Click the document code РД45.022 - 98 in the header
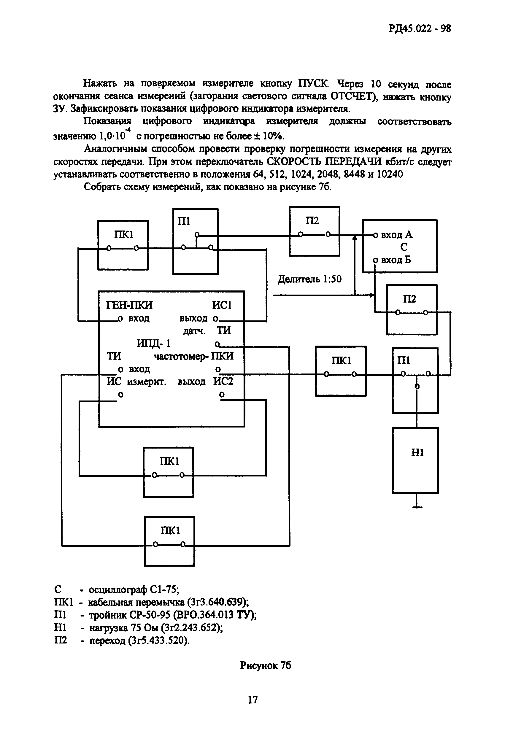(x=420, y=29)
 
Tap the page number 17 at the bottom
(x=253, y=700)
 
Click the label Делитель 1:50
(x=309, y=279)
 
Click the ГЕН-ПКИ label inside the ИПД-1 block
(x=129, y=305)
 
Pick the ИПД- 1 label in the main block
(x=153, y=344)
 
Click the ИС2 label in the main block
(x=223, y=382)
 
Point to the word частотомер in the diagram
(x=182, y=356)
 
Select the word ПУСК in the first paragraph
(x=313, y=84)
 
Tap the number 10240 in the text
(x=390, y=174)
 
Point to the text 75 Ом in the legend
(x=145, y=627)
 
